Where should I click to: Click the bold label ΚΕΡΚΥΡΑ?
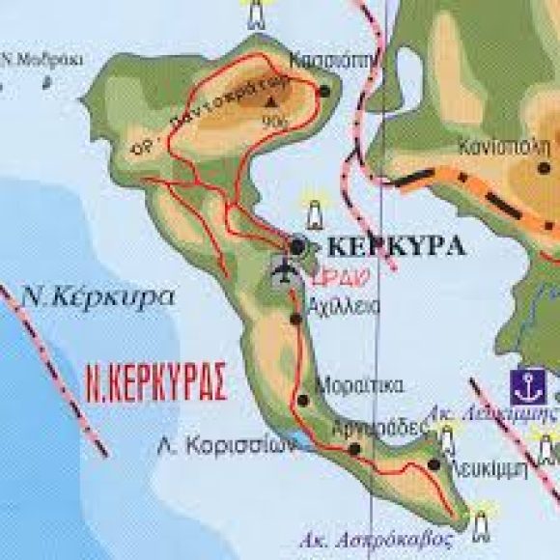point(397,244)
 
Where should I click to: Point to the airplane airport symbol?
point(283,272)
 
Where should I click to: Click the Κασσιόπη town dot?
point(324,92)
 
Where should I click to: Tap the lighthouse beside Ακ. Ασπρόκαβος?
point(480,522)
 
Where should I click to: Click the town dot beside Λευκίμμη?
point(434,464)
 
